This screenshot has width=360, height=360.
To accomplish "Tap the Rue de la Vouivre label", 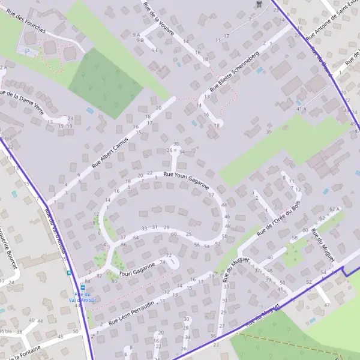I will click(x=159, y=19).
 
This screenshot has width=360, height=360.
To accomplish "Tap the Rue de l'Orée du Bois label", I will click(x=278, y=219).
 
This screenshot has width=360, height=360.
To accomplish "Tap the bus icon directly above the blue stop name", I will click(x=83, y=286).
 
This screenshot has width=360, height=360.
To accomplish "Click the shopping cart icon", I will click(x=259, y=4).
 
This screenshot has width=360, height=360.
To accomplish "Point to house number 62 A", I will click(x=334, y=209).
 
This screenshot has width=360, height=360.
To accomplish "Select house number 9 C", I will click(x=155, y=50).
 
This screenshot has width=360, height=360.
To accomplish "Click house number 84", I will click(x=88, y=281).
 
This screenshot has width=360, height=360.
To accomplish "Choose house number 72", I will click(x=169, y=256).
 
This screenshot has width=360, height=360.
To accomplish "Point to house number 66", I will click(x=123, y=245).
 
